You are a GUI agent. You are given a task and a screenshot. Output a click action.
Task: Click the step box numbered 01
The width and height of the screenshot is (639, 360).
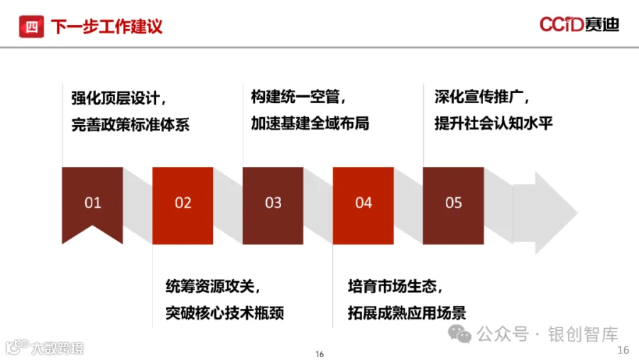92,202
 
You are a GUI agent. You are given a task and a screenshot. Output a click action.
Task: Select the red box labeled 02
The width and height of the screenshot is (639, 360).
182,202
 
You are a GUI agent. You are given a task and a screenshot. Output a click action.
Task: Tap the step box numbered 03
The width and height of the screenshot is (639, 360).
273,202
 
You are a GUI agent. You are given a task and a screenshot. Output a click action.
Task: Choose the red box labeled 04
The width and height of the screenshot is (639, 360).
363,202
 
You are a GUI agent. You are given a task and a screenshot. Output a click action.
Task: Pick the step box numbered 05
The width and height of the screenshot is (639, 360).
453,202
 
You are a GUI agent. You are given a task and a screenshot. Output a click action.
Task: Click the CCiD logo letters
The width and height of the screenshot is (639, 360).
562,25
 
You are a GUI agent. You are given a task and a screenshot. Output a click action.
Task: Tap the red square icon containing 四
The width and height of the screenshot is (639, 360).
31,27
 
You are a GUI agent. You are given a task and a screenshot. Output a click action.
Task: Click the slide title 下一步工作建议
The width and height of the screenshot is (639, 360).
106,27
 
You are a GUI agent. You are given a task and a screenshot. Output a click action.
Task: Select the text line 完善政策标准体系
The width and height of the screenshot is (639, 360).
131,125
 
